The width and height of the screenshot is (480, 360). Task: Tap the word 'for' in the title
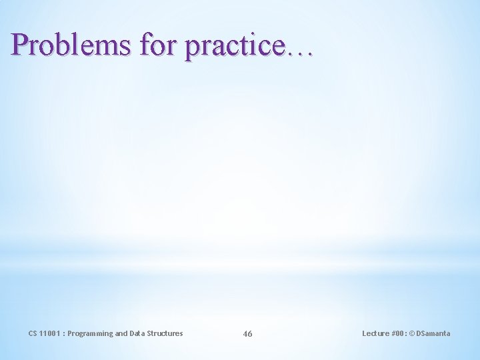pos(157,45)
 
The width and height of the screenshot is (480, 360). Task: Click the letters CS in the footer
pos(33,333)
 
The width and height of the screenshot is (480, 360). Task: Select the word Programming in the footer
pos(91,333)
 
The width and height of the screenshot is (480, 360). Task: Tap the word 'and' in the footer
pos(122,333)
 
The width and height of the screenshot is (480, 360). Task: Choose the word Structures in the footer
pos(166,333)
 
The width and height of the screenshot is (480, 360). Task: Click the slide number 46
pos(247,333)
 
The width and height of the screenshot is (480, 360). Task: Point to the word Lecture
pos(375,333)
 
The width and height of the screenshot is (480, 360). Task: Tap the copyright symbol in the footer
pos(413,333)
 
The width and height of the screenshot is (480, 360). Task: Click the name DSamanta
pos(434,333)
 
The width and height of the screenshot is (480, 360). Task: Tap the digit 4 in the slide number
pos(245,333)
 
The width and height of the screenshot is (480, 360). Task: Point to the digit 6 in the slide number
pos(250,333)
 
